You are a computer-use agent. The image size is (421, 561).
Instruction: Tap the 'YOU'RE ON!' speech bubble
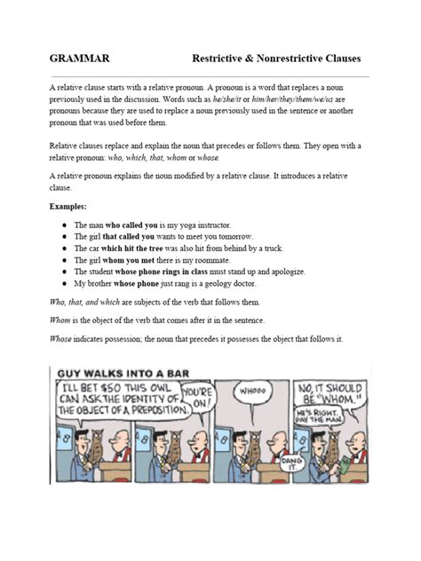197,397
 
